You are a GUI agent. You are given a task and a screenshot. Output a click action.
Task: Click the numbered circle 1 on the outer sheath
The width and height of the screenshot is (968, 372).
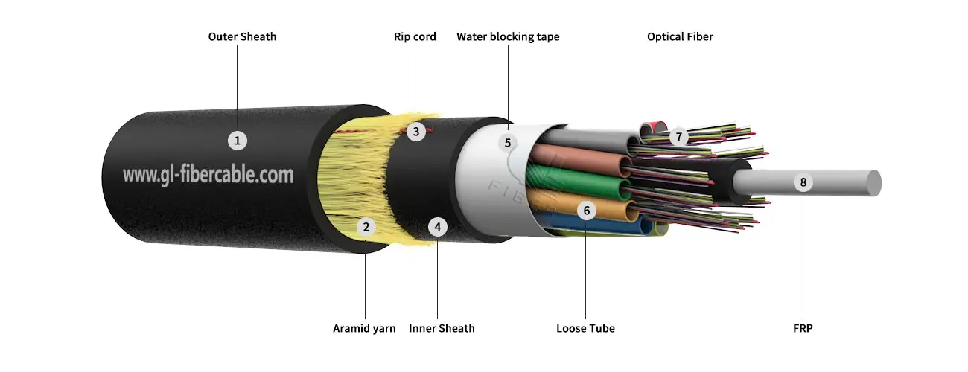click(x=237, y=139)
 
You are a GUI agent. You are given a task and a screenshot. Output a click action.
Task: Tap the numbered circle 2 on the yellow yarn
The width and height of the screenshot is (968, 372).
click(x=366, y=227)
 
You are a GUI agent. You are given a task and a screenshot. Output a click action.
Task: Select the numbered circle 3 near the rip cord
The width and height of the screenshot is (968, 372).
click(x=416, y=132)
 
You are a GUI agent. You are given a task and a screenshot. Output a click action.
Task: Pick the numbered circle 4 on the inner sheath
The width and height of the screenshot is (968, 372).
click(x=439, y=227)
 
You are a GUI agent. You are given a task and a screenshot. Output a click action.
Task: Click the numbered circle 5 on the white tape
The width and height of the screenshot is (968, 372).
click(x=508, y=141)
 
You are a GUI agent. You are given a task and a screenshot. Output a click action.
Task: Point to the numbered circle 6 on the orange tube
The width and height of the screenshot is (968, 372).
click(x=587, y=211)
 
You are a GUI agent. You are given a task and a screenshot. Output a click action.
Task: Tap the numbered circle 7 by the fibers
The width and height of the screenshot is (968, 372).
click(x=678, y=137)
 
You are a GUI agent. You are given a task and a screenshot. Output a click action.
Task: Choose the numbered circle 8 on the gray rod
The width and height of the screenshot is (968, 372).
click(x=803, y=182)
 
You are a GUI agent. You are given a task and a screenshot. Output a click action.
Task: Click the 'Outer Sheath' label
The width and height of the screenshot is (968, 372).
click(x=242, y=36)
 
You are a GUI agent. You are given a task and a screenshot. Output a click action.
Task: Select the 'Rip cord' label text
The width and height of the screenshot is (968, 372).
click(x=415, y=36)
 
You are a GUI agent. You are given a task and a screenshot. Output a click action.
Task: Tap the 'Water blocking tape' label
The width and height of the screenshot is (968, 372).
click(x=508, y=36)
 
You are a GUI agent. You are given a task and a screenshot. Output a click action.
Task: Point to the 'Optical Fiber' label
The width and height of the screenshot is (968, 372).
click(x=680, y=36)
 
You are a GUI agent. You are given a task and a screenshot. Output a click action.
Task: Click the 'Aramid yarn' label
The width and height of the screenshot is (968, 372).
click(x=364, y=328)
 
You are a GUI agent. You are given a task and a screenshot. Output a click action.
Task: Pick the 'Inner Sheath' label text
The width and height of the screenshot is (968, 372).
click(x=442, y=328)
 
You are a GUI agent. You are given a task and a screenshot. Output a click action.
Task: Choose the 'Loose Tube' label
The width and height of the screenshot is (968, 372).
click(x=585, y=328)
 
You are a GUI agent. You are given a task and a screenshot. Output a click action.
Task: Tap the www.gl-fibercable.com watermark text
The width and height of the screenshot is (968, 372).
click(x=208, y=176)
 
